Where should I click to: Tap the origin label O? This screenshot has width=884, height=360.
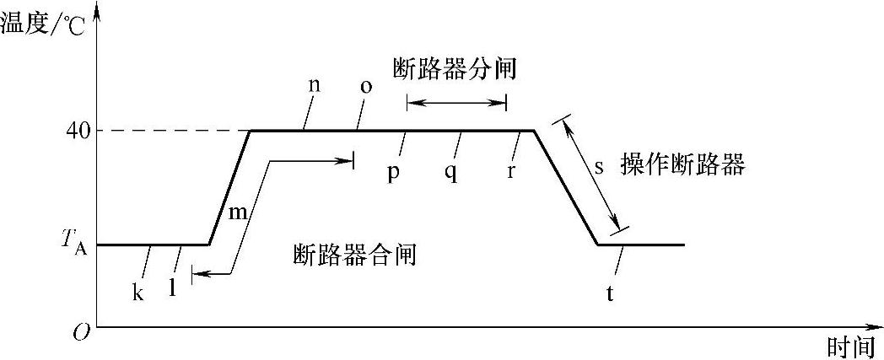point(81,332)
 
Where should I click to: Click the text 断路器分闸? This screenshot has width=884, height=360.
point(454,69)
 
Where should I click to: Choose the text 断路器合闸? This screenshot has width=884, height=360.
point(354,255)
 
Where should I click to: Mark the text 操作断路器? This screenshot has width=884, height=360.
point(682,164)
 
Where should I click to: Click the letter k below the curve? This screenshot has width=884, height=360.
point(137,293)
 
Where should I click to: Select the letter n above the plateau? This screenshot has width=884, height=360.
point(314,87)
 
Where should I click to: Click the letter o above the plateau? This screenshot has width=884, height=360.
point(365,88)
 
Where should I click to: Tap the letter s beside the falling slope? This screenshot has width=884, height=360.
point(599,166)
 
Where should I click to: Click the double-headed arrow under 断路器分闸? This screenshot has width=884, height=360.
point(456,103)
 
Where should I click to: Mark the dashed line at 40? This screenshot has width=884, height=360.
point(169,131)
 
